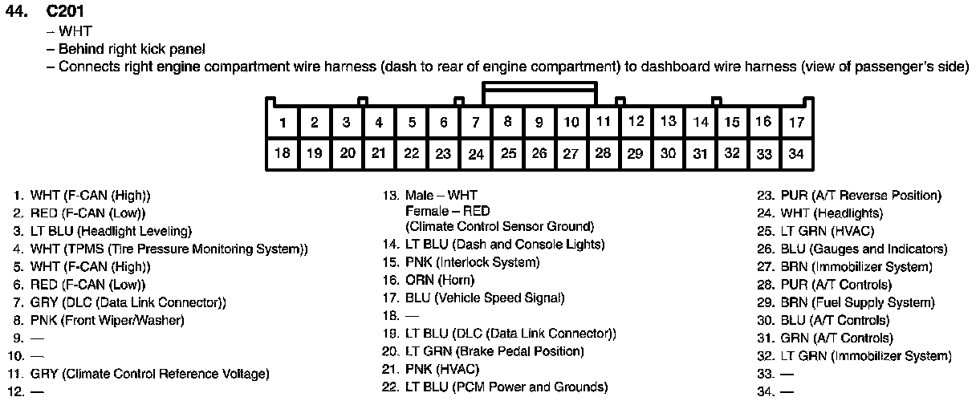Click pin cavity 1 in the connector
[x=283, y=123]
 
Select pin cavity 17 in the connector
[x=795, y=123]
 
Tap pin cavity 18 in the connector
[x=283, y=153]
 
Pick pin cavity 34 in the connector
[x=795, y=153]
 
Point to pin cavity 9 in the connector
[x=539, y=123]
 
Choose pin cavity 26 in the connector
[x=539, y=153]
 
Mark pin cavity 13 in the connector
[x=668, y=122]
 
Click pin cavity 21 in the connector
[x=379, y=153]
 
